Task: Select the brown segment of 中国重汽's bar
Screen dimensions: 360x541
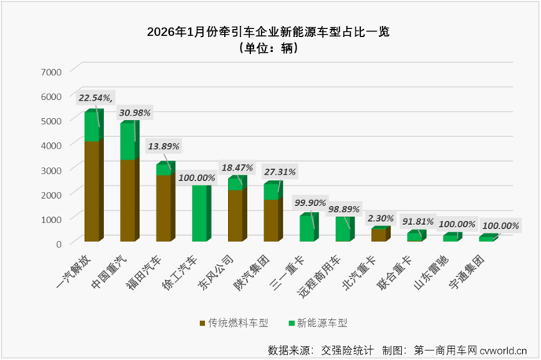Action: tap(128, 200)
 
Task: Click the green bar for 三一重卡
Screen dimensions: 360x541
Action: tap(307, 228)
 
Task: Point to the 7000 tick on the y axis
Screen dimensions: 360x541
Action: tap(50, 72)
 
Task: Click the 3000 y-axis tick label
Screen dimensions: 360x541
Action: tap(50, 169)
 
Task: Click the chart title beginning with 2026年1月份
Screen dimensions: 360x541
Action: tap(270, 33)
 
